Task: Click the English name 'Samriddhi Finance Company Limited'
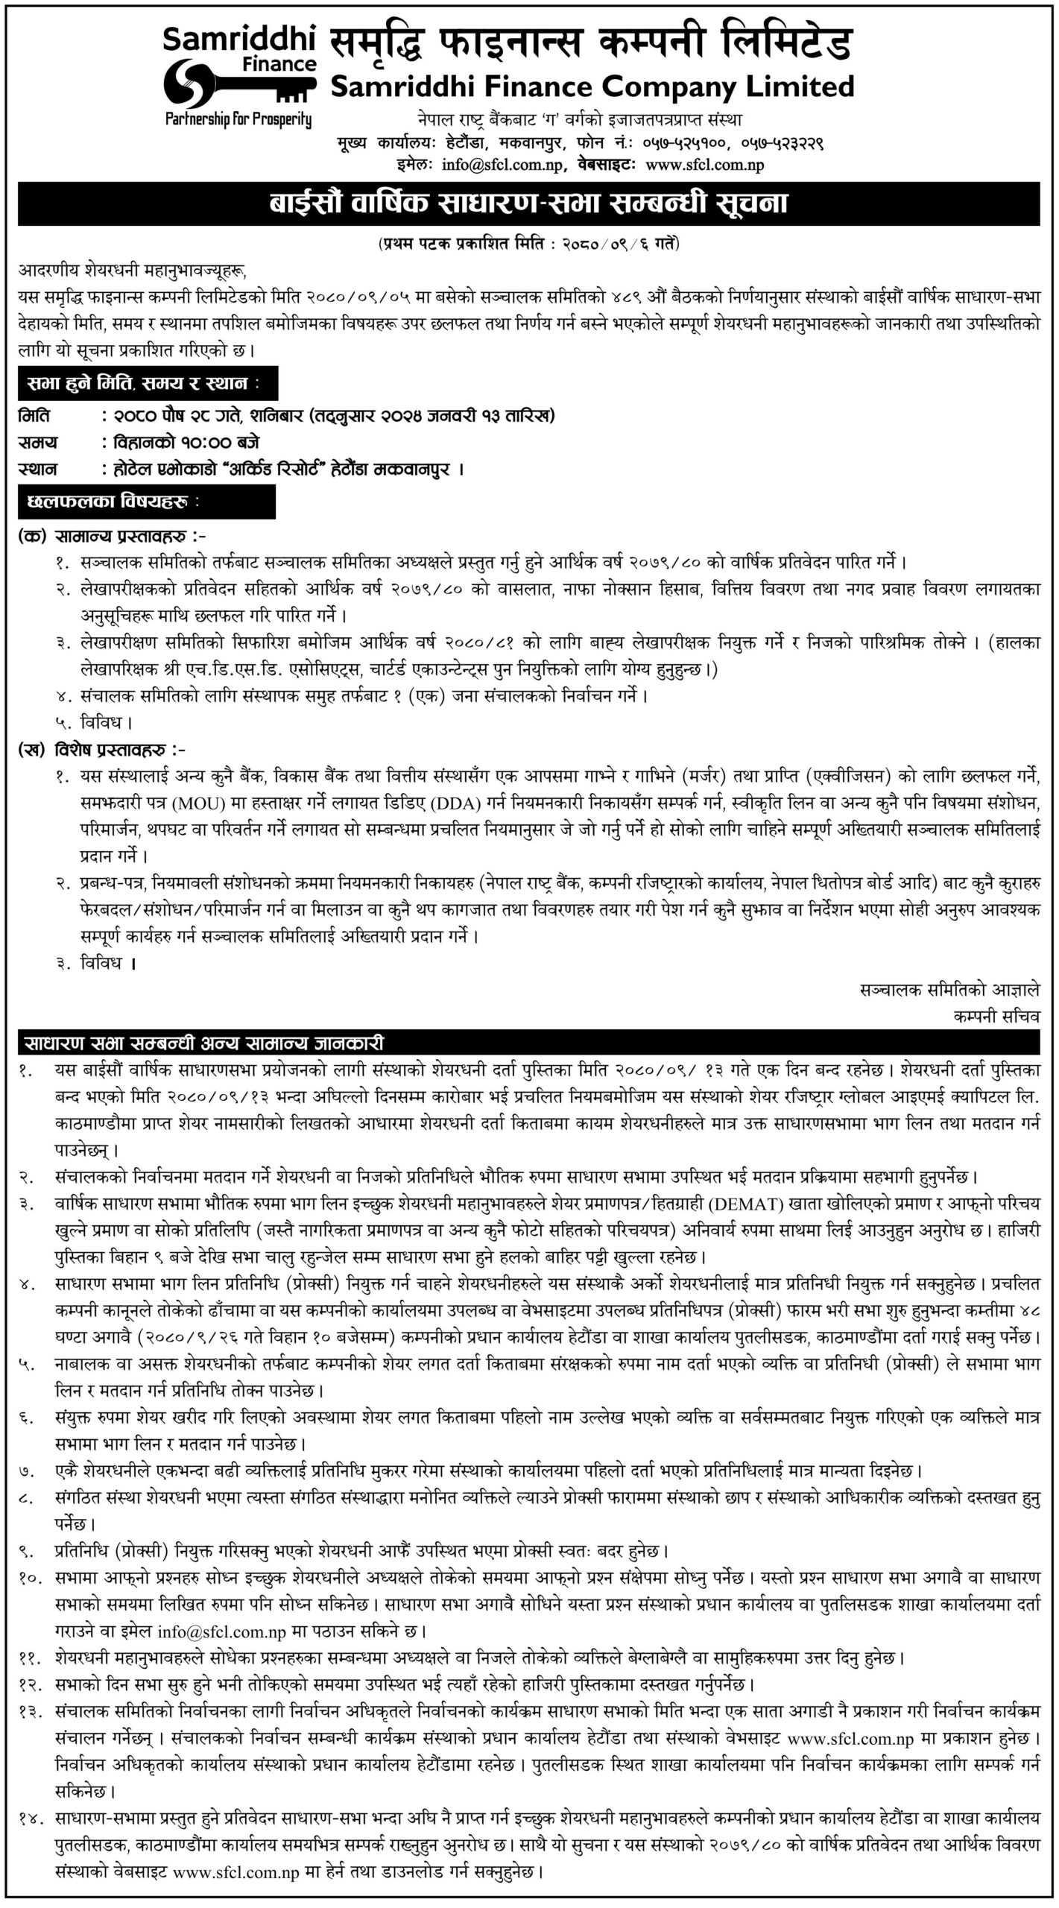pos(592,87)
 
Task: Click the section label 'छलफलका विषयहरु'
pos(112,503)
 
